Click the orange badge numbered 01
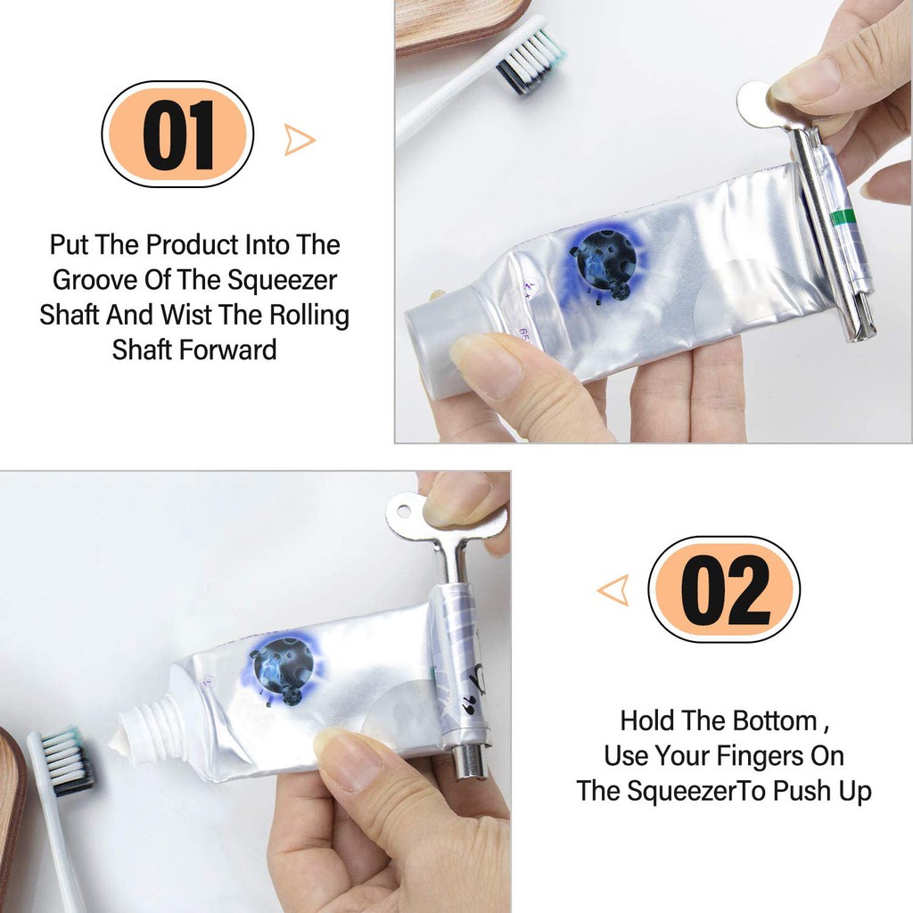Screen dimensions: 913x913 click(177, 135)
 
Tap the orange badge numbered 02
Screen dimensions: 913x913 click(724, 589)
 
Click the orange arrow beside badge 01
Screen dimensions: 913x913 click(299, 140)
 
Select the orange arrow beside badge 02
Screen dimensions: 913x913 click(613, 590)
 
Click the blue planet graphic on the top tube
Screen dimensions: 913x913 click(602, 259)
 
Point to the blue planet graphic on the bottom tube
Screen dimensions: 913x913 click(282, 670)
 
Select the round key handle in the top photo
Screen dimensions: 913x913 click(758, 104)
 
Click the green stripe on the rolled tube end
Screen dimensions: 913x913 click(843, 218)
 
